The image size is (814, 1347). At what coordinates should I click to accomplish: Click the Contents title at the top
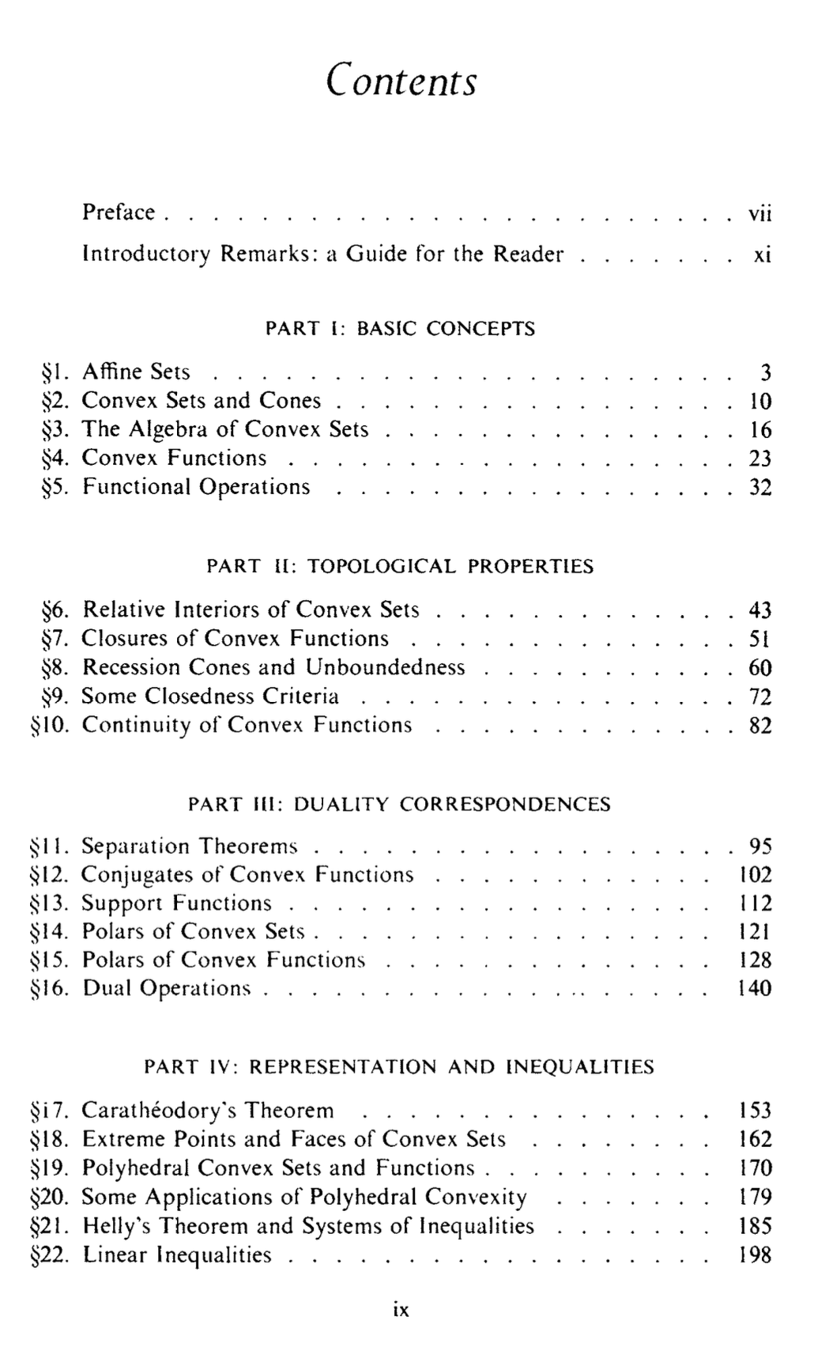pos(402,80)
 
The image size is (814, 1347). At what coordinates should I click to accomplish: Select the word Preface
pos(119,213)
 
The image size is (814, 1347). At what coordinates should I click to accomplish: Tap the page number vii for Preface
pos(759,213)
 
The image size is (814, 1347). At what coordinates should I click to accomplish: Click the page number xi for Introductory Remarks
pos(762,255)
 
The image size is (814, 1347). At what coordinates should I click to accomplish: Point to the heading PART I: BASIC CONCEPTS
pos(400,329)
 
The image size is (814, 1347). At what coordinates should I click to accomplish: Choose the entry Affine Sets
pos(136,372)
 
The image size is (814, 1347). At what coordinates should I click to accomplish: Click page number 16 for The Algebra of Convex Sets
pos(759,430)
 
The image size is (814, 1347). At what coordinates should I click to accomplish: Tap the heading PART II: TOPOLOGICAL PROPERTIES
pos(400,567)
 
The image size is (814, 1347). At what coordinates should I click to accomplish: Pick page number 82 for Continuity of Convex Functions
pos(759,726)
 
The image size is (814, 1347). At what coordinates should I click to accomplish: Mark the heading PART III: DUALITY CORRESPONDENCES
pos(400,805)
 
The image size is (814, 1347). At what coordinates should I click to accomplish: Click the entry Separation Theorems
pos(190,847)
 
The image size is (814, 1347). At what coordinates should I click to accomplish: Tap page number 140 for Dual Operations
pos(754,988)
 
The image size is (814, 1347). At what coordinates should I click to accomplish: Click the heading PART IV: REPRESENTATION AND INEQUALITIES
pos(400,1067)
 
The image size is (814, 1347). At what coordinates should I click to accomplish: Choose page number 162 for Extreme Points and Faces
pos(754,1139)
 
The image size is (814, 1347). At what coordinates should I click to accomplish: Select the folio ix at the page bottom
pos(401,1311)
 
